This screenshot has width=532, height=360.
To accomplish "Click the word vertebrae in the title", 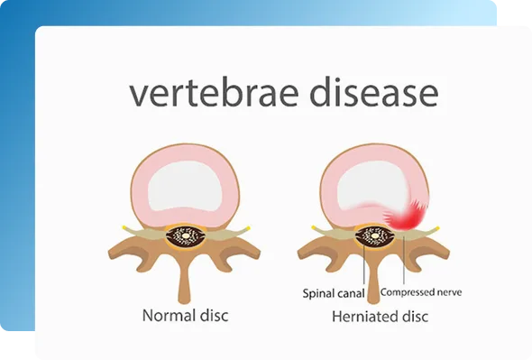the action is click(214, 91).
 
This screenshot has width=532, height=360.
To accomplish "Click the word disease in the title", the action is click(374, 90).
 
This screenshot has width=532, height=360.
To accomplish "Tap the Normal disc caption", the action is click(185, 316).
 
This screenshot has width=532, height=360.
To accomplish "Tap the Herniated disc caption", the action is click(380, 317).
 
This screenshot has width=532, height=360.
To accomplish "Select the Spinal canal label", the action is click(334, 293).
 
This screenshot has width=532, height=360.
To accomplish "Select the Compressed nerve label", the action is click(421, 292).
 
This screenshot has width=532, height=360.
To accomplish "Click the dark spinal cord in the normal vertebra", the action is click(186, 236).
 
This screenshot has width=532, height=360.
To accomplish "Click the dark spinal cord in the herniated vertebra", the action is click(374, 236).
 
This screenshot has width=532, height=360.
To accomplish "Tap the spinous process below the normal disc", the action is click(185, 281).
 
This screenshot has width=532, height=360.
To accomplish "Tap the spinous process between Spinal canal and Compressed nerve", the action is click(373, 281).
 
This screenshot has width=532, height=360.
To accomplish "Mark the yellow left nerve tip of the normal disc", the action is click(124, 226).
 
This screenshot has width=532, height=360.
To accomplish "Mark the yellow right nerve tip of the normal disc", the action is click(248, 228).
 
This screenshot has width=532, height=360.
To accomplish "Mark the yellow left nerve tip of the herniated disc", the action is click(313, 227).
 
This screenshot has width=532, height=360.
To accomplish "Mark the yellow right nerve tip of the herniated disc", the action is click(437, 228).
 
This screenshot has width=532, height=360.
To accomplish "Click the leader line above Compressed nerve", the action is click(404, 261).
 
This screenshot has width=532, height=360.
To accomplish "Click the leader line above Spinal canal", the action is click(363, 265).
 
